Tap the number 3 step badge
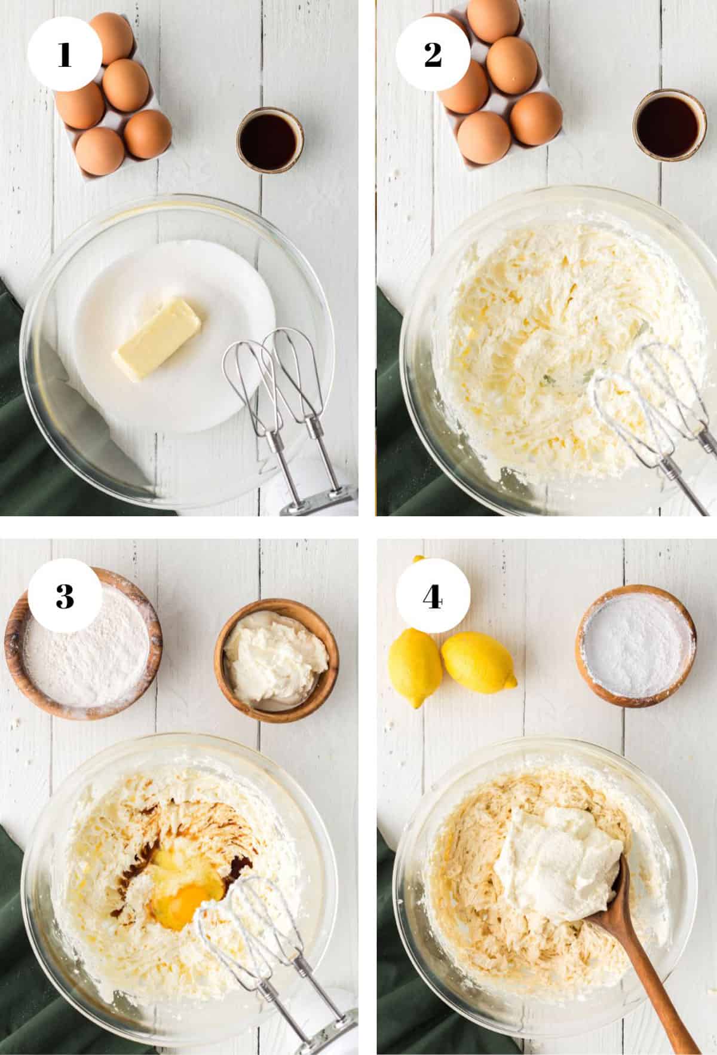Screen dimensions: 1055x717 pos(65,596)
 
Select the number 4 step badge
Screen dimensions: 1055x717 pos(433,596)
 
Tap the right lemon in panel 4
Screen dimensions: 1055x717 pos(478,660)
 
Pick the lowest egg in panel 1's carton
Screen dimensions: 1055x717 pos(100,151)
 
